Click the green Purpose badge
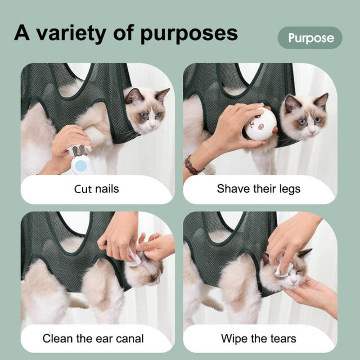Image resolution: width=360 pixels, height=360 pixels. coord(310,38)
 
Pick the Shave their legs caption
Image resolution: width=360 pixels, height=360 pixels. coord(258,188)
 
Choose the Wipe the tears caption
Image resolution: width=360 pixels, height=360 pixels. coord(258,338)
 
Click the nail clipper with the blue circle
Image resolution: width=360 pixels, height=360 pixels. coord(81,162)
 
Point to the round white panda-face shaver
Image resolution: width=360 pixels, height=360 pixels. coord(261,124)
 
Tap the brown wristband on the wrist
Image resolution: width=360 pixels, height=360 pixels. coord(193,166)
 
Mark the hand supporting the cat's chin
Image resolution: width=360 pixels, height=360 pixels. coord(310,295)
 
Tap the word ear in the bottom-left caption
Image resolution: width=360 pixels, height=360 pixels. coord(106,338)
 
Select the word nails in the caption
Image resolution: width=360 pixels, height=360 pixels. coord(106,188)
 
